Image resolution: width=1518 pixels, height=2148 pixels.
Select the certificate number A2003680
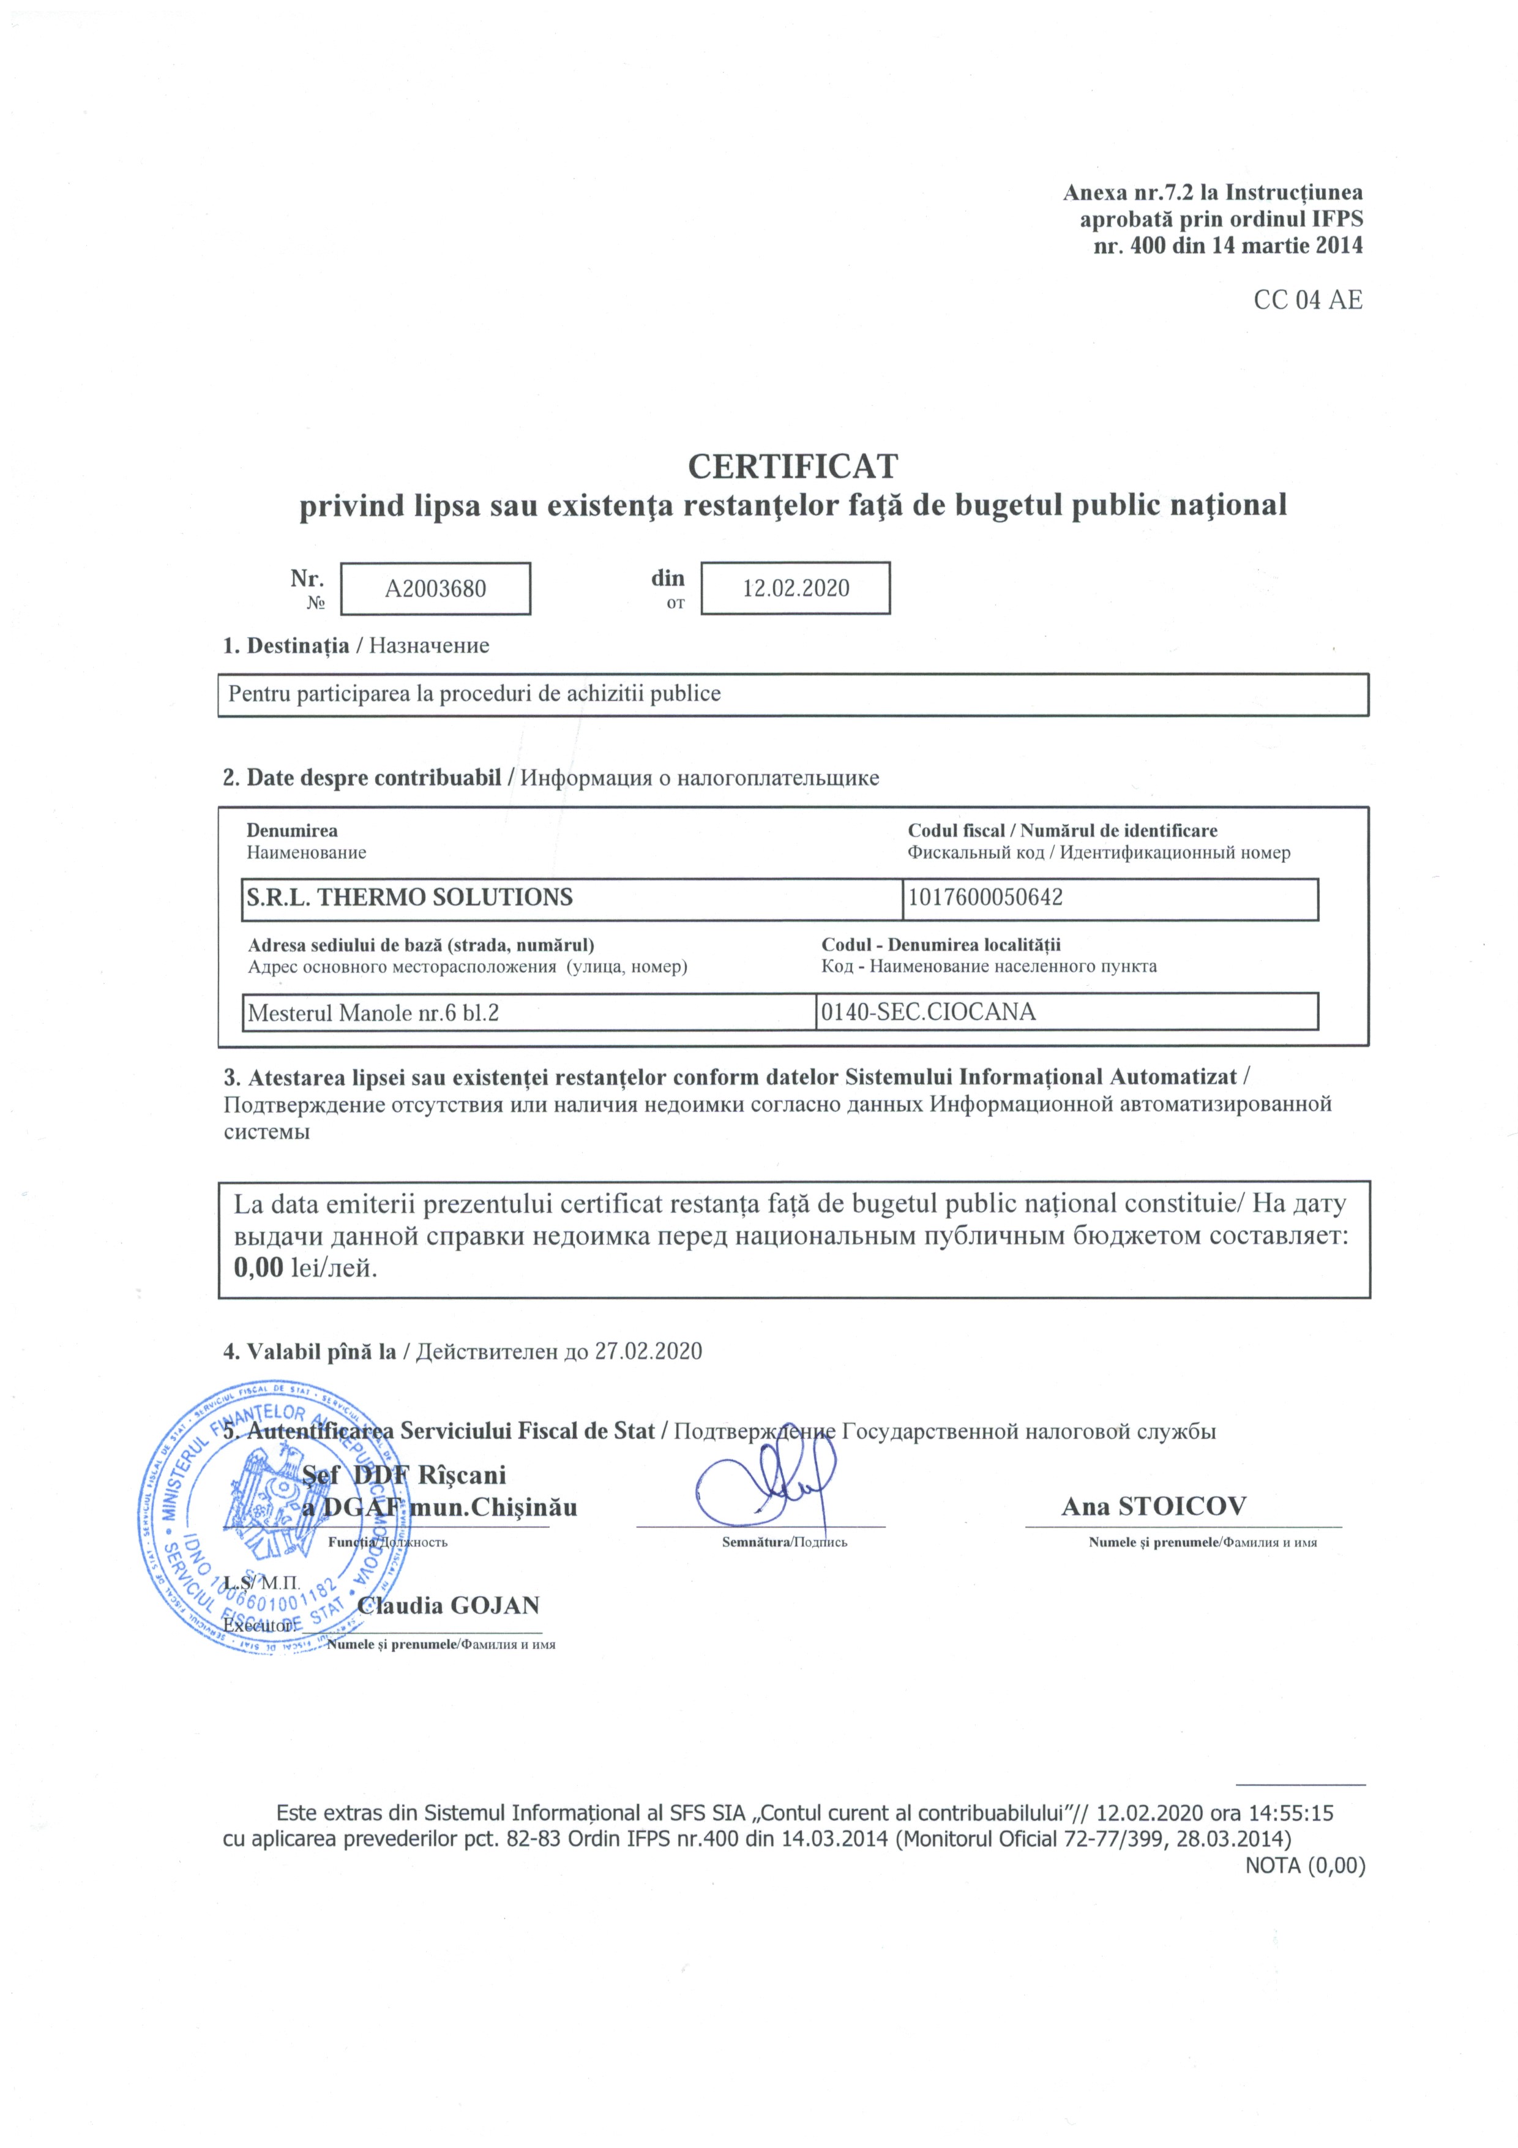click(436, 588)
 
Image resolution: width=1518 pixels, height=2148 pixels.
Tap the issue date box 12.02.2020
click(796, 588)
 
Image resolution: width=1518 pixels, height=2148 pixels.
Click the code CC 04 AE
click(1307, 300)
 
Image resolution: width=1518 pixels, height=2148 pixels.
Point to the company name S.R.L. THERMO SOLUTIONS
click(409, 898)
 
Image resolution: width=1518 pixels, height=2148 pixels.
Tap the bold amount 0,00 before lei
click(258, 1269)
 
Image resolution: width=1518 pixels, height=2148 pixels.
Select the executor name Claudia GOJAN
click(449, 1605)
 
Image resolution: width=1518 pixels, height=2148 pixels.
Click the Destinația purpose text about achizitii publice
click(474, 694)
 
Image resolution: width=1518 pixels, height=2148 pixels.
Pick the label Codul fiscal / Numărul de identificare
click(1063, 831)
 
